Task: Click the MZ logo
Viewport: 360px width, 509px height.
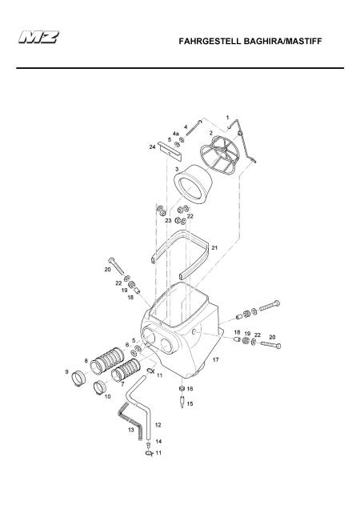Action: click(38, 37)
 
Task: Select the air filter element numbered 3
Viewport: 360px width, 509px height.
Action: click(193, 184)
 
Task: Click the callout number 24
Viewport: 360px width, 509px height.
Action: click(152, 147)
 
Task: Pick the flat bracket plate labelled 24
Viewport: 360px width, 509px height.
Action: click(170, 151)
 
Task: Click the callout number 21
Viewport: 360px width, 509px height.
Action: click(214, 247)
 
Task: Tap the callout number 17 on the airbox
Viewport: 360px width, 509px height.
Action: click(215, 359)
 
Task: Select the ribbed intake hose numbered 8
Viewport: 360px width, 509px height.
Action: click(107, 359)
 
